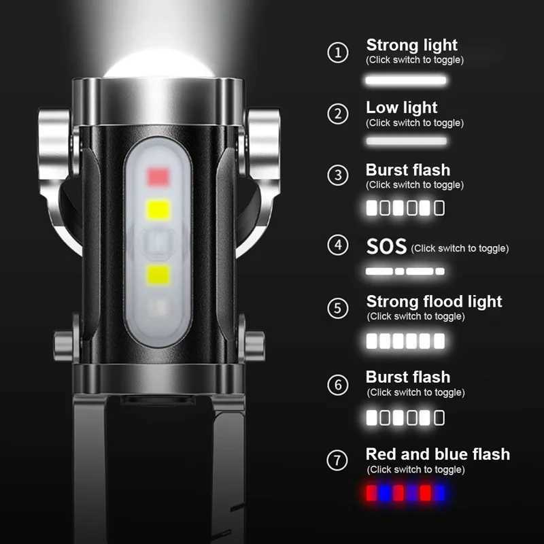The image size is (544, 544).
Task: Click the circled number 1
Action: (x=338, y=52)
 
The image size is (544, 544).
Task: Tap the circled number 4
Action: (x=338, y=245)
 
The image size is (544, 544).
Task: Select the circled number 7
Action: (x=338, y=460)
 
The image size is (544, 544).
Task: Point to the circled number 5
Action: (x=338, y=308)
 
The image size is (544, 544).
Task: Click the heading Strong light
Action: (x=411, y=46)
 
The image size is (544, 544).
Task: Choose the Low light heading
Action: (x=401, y=107)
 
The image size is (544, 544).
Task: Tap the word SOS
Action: (x=386, y=246)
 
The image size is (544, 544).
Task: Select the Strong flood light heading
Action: (x=434, y=301)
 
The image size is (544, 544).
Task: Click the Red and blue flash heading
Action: (x=437, y=454)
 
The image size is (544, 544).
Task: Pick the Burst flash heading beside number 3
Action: (x=407, y=170)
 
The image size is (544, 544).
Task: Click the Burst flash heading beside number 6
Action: (x=407, y=377)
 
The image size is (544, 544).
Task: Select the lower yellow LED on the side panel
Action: (x=158, y=275)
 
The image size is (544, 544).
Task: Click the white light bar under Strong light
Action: (x=406, y=80)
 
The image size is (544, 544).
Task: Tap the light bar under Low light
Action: (x=406, y=141)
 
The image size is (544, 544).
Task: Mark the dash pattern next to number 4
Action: (x=405, y=271)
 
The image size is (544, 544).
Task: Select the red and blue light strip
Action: (x=405, y=492)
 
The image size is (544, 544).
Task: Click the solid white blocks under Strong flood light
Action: (x=405, y=341)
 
